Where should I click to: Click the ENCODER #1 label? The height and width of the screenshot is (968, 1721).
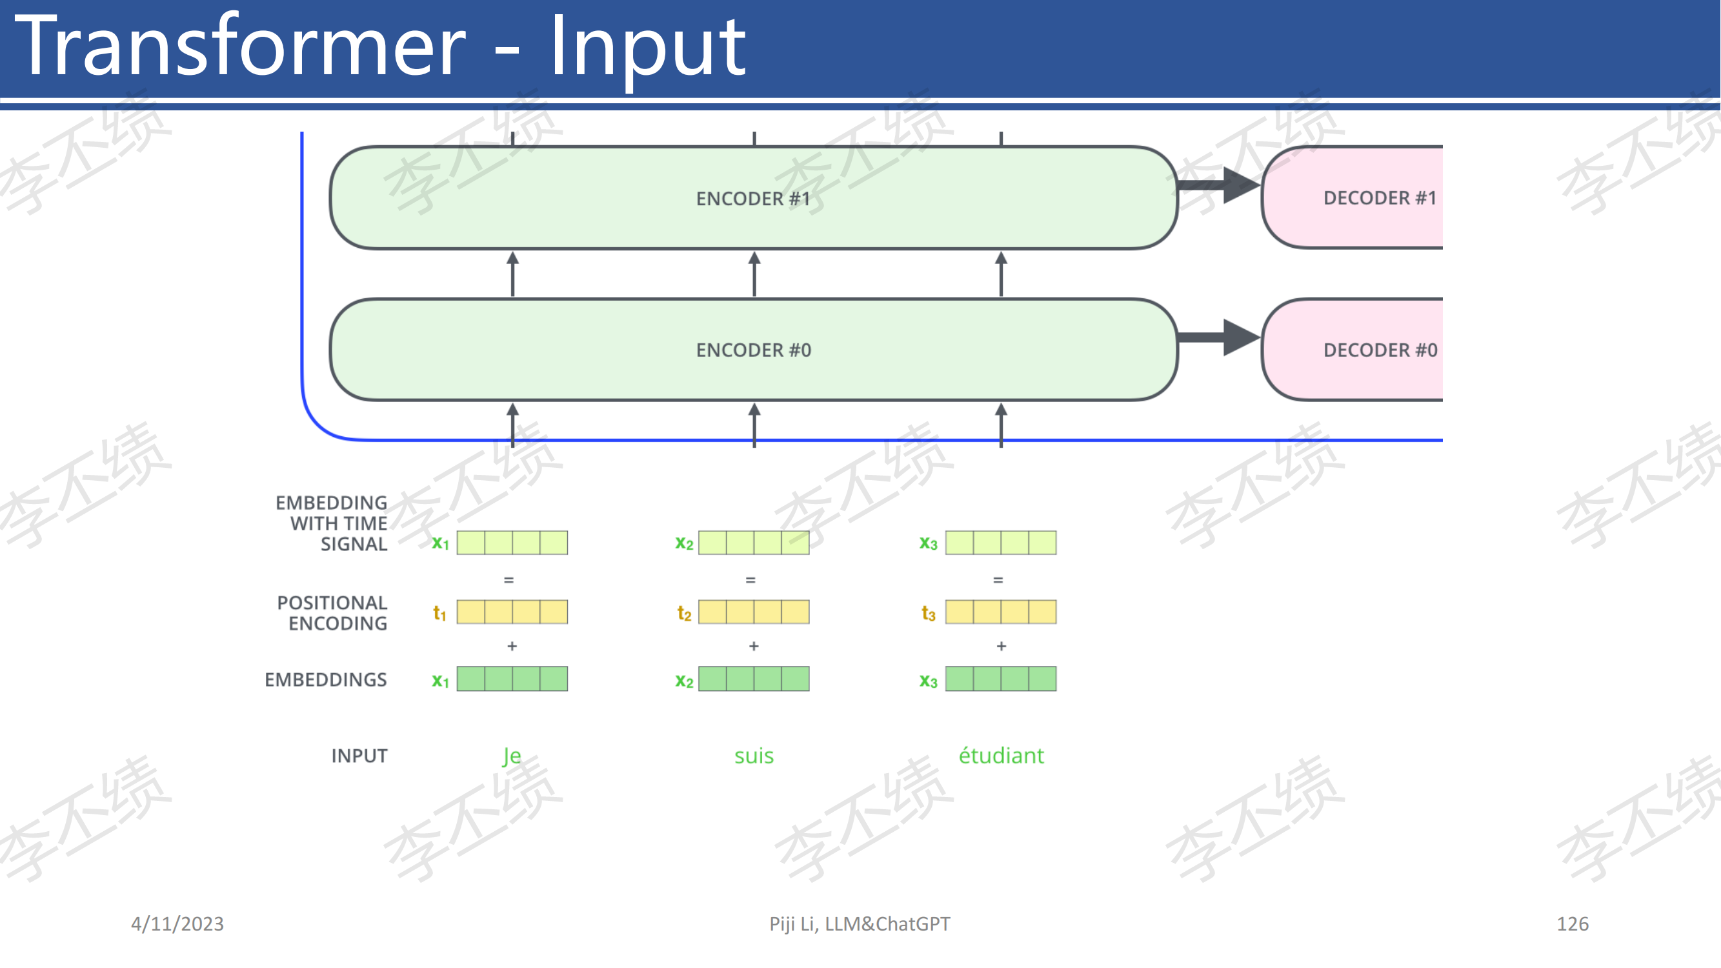[753, 198]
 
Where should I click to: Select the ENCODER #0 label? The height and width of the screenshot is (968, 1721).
[754, 350]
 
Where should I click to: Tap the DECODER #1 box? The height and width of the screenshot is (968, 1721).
[1353, 197]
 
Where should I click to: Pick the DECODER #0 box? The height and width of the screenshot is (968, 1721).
[1353, 350]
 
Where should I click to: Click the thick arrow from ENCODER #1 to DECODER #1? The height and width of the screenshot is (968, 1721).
[1218, 185]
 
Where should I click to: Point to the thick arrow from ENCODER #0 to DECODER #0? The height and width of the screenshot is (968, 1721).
[1218, 338]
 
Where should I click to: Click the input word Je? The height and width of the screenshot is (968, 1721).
[512, 756]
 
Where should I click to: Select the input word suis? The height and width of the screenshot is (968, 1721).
[754, 756]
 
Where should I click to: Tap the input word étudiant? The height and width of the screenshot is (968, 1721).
[1001, 755]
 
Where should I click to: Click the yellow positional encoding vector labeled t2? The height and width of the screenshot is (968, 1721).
[754, 612]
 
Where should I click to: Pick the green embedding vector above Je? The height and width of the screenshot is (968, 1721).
[512, 679]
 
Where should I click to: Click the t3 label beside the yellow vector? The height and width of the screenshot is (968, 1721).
[928, 613]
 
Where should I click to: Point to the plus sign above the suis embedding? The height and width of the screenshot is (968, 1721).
[754, 646]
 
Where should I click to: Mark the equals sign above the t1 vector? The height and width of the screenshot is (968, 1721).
[508, 580]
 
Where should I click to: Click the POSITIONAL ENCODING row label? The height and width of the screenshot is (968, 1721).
[332, 612]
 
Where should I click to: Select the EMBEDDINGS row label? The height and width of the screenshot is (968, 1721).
[325, 680]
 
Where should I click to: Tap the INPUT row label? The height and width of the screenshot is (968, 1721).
[359, 756]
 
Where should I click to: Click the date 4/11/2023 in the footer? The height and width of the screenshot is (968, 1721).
[177, 924]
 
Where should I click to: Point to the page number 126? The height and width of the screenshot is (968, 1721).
[1573, 924]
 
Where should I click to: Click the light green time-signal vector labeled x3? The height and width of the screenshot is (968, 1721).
[1001, 543]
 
